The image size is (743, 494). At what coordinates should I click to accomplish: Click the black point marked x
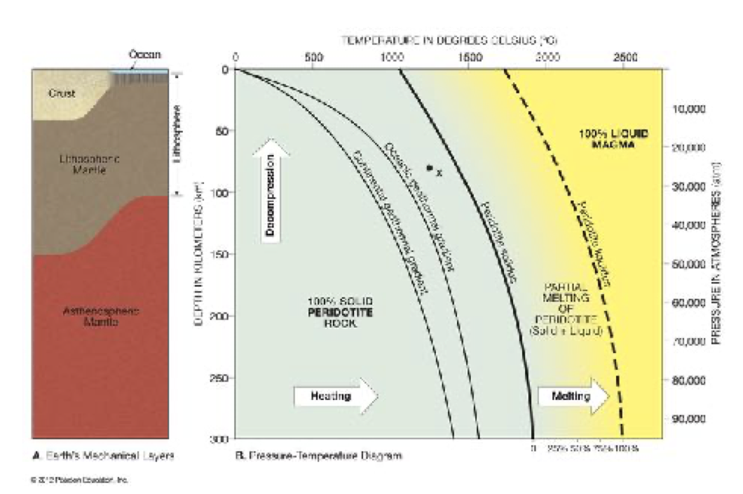(x=429, y=168)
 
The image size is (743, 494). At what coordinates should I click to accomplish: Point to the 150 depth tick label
(x=214, y=253)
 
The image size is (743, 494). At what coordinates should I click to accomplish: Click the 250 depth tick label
(x=214, y=378)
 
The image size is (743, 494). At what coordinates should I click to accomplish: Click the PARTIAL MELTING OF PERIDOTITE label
(x=573, y=308)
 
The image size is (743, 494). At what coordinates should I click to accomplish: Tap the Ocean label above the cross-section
(x=145, y=54)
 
